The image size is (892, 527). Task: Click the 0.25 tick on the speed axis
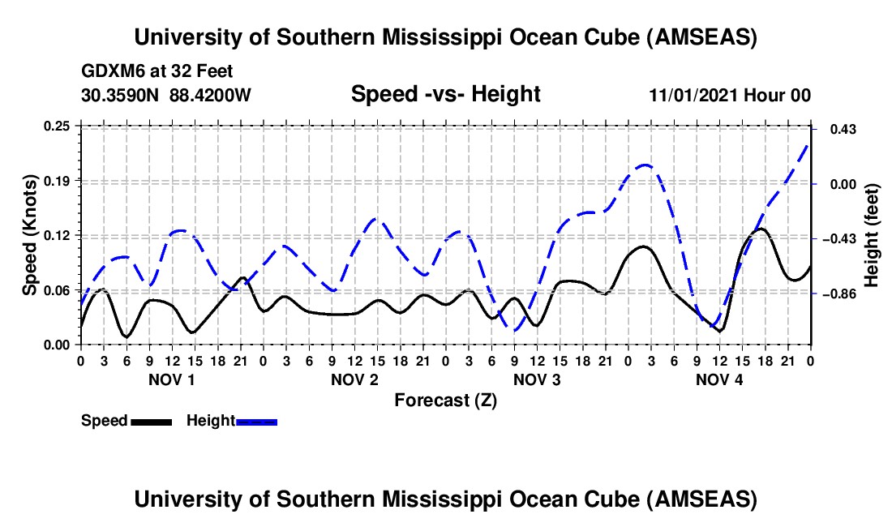point(58,126)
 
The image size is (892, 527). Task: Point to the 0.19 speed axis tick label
point(58,180)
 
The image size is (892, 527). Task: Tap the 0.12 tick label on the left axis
point(58,235)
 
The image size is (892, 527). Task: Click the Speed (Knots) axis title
point(30,235)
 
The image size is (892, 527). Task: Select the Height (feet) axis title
point(872,235)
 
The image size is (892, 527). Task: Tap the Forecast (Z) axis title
point(445,400)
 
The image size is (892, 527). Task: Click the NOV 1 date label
point(171,380)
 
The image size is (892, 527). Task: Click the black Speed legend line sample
point(151,422)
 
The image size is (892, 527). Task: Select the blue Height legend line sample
point(257,422)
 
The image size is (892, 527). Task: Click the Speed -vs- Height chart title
point(445,95)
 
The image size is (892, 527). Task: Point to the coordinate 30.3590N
point(120,95)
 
